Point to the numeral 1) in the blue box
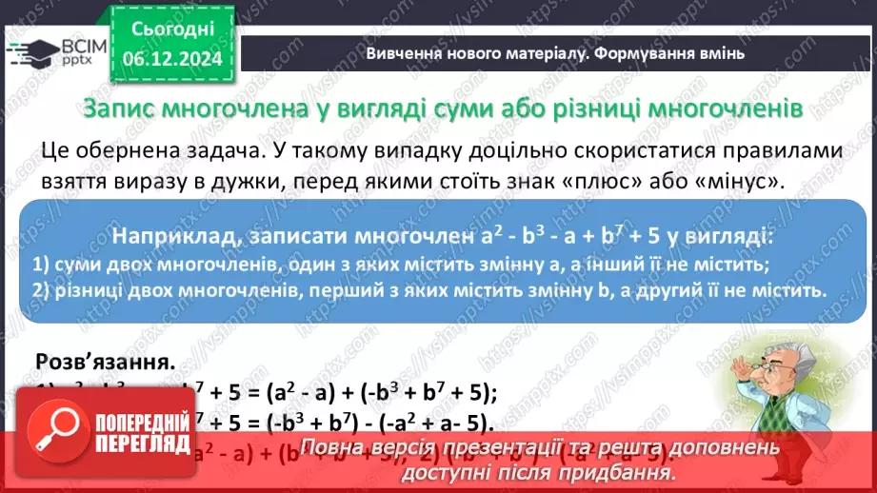point(40,264)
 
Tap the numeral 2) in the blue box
point(40,290)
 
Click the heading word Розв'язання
point(105,362)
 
